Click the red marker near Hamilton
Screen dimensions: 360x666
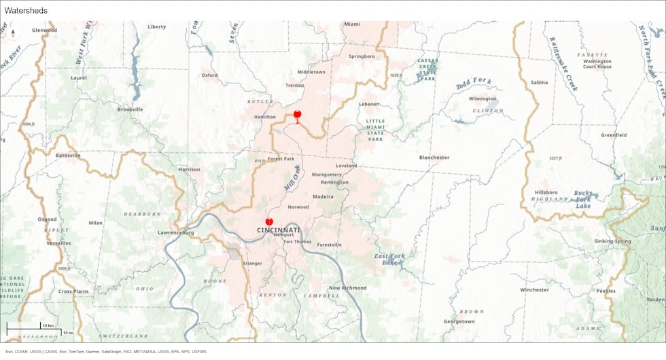pos(297,115)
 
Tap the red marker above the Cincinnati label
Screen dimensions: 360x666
pos(269,221)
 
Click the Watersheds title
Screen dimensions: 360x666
pos(26,10)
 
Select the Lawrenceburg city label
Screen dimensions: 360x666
pos(176,232)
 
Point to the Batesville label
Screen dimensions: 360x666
pos(68,155)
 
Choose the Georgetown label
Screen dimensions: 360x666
pos(459,321)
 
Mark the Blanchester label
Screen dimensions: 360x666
pos(434,157)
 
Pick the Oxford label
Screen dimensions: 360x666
pos(209,75)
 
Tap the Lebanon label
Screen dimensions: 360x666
pos(369,104)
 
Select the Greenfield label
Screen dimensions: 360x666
pos(614,134)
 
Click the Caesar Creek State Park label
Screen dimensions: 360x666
pos(428,69)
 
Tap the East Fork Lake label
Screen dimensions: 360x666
pos(388,259)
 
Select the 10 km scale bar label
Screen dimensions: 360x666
pos(47,325)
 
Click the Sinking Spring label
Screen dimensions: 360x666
pos(612,241)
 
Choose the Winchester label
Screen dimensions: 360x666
pos(534,289)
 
